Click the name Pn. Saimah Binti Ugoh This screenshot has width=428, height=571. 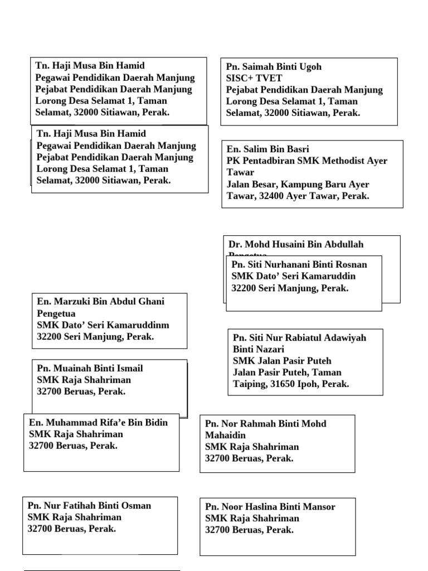274,67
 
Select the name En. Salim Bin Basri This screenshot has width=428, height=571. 268,149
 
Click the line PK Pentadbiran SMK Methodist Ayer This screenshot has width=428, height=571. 307,161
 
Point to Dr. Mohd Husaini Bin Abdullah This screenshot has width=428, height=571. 296,244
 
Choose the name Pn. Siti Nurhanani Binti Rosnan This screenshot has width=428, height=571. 299,265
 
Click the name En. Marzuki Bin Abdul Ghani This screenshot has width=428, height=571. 101,302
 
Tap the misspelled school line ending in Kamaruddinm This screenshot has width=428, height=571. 103,325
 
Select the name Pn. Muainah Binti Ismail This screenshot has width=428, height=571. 90,369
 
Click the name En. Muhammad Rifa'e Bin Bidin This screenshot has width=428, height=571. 98,422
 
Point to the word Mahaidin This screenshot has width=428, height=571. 225,435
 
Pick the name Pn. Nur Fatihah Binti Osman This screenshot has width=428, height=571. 89,506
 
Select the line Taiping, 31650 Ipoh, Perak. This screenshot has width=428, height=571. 291,384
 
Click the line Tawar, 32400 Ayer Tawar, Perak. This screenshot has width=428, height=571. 298,196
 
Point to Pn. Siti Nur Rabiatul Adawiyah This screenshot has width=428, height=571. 299,338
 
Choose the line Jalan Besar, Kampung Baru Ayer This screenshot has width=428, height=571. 298,185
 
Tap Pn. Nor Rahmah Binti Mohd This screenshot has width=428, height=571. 266,424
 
